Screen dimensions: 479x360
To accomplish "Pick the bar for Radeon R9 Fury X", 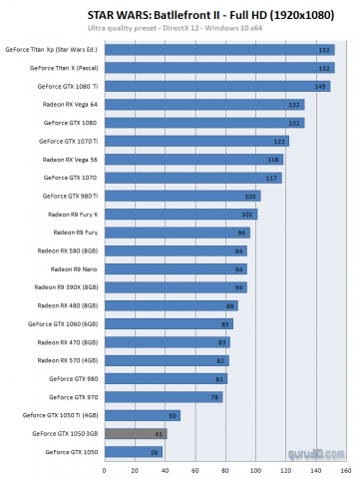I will click(180, 214).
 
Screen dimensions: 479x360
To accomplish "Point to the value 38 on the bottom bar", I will click(155, 452).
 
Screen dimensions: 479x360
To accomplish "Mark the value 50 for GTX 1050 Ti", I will click(174, 415).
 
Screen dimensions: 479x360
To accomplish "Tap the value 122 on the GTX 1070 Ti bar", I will click(280, 141).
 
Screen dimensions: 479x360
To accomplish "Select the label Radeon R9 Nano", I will click(73, 268).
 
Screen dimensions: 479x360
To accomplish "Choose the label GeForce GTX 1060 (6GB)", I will click(62, 323).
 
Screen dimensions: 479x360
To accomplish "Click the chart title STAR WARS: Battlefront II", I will click(180, 12).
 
